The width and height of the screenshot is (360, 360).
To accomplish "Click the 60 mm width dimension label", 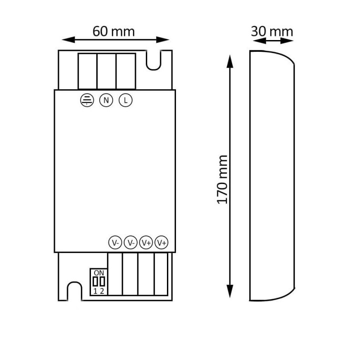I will (113, 31).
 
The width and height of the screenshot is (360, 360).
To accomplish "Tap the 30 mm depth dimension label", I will (272, 31).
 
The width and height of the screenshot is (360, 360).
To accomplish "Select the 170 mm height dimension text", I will (222, 180).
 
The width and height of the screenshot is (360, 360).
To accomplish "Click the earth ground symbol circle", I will (86, 100).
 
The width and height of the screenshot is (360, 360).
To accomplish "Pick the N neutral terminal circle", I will (106, 100).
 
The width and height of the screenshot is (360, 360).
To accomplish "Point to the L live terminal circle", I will (126, 100).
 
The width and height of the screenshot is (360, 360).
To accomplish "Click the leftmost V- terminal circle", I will (115, 243).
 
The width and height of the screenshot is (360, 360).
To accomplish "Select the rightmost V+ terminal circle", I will (162, 243).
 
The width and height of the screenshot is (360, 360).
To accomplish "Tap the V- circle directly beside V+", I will (130, 243).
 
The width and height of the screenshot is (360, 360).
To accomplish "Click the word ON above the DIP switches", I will (99, 273).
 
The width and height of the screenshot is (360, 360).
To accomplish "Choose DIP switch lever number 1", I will (95, 282).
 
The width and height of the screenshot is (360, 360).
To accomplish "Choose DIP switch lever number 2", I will (102, 282).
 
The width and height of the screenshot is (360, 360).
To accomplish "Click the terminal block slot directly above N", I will (107, 71).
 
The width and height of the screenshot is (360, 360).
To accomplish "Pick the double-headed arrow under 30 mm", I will (272, 40).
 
